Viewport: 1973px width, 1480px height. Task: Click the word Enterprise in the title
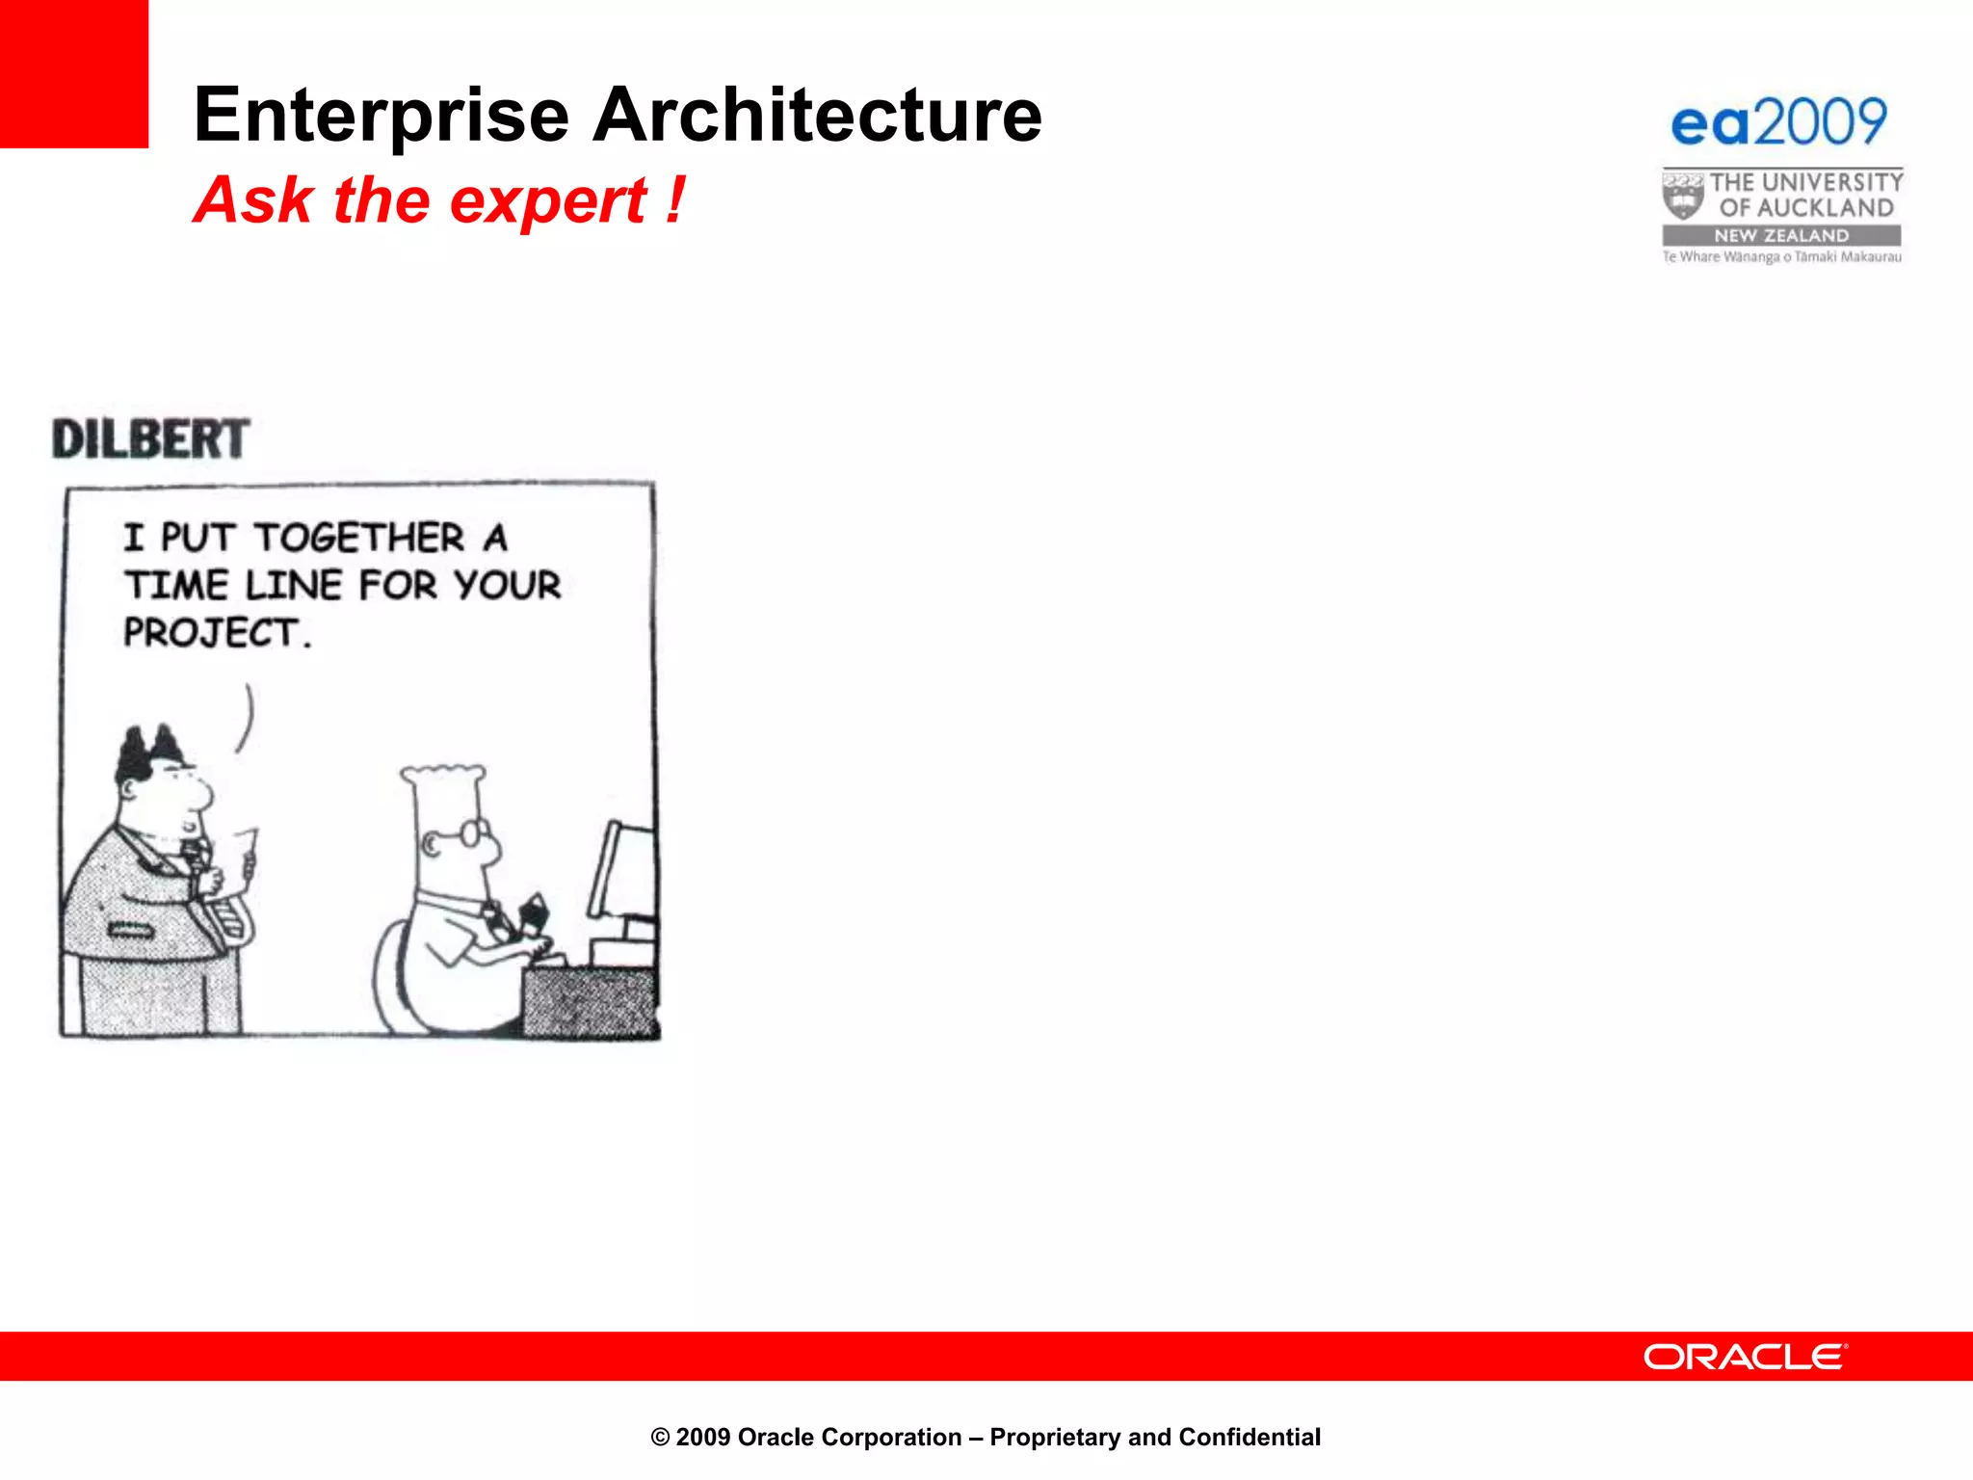(381, 116)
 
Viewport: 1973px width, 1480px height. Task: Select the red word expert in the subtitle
(548, 201)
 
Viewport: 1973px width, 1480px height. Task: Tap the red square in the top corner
(73, 73)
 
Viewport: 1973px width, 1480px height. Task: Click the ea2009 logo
(1778, 123)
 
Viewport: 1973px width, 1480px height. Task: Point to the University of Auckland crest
(1682, 196)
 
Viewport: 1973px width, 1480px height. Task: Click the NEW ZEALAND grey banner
(1781, 235)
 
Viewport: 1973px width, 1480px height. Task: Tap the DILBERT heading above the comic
(151, 439)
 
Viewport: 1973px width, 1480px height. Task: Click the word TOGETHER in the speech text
(359, 538)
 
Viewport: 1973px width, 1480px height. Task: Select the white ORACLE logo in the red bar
(1745, 1357)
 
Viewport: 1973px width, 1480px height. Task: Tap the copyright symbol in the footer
(660, 1438)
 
